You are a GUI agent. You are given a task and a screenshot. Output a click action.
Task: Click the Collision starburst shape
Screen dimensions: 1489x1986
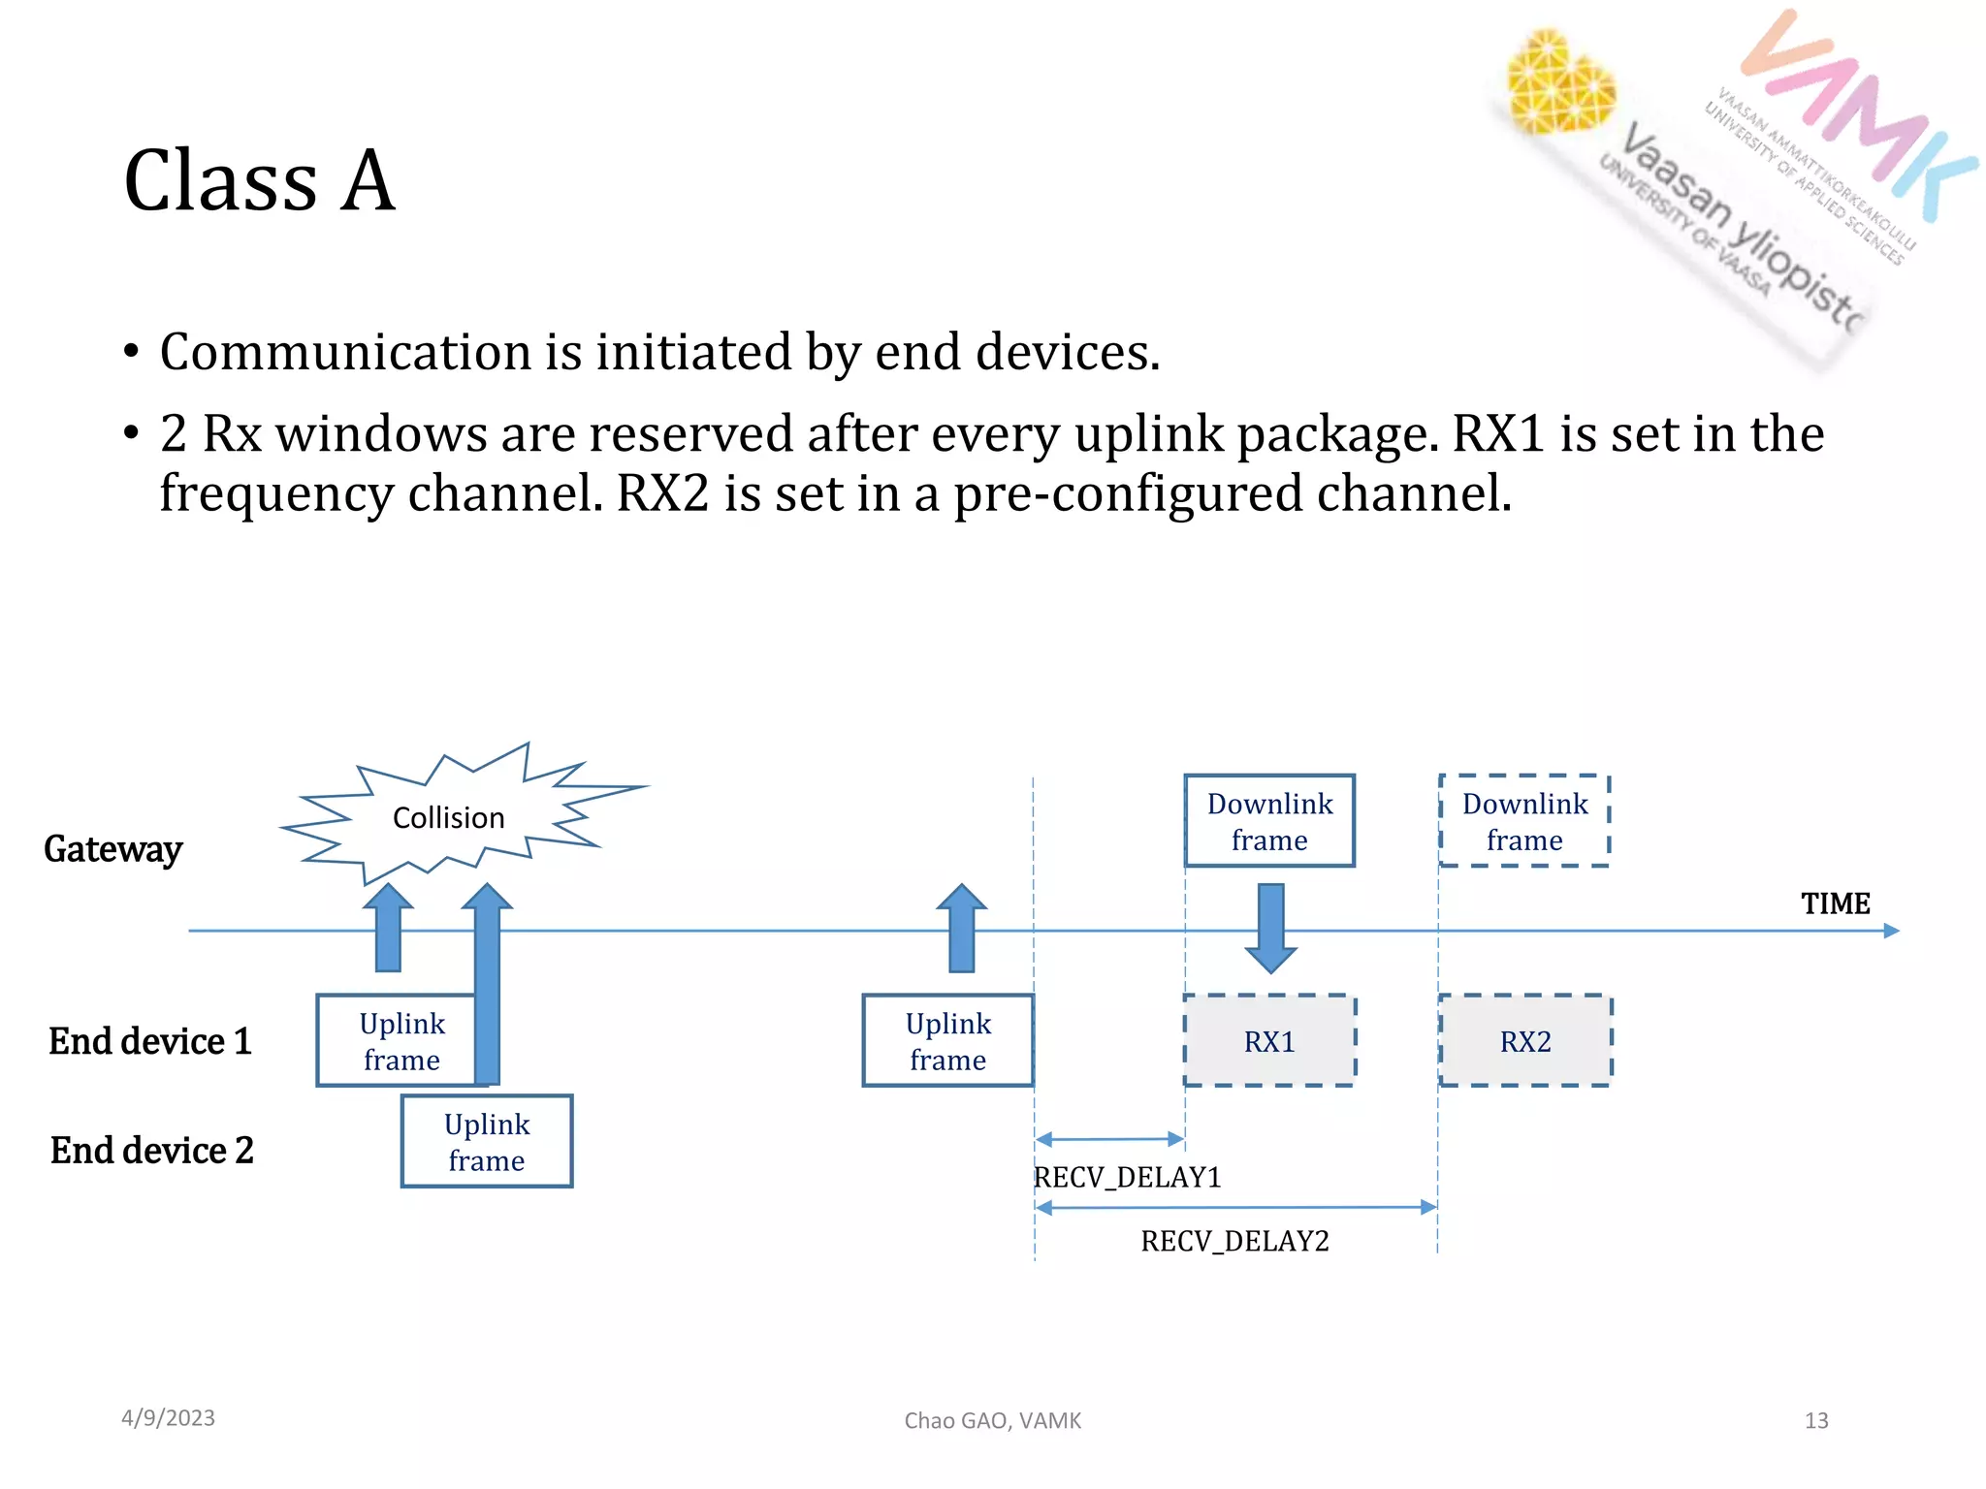pos(448,817)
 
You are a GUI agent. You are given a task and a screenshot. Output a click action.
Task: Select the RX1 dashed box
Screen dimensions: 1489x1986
pos(1269,1041)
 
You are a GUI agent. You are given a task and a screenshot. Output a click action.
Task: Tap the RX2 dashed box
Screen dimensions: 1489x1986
pos(1525,1041)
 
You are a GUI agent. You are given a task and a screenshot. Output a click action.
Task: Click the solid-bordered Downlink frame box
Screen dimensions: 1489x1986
pos(1269,821)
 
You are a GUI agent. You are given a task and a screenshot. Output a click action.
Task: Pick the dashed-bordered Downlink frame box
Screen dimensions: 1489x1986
pos(1524,821)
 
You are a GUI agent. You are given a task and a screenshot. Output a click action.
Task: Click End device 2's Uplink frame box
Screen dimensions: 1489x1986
pos(487,1142)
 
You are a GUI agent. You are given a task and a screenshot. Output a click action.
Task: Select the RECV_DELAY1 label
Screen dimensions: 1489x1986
pos(1127,1177)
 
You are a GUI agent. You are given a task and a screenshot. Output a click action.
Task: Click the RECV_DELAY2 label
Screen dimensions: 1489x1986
pos(1234,1241)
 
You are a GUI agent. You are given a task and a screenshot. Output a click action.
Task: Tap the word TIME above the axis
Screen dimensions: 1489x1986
pos(1835,903)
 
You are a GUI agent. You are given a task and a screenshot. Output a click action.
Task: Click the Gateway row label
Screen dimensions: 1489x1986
pos(113,849)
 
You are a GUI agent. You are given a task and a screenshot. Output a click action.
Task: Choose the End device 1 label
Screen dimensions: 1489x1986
pos(150,1041)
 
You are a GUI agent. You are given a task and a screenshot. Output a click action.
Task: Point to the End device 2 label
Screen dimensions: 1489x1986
pos(152,1151)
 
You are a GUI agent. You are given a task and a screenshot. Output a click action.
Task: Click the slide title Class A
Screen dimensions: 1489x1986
pos(260,180)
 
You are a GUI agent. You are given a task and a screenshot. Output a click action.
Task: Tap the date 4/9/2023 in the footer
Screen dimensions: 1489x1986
pos(168,1418)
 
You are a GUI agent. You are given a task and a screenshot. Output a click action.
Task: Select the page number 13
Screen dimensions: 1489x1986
pos(1815,1420)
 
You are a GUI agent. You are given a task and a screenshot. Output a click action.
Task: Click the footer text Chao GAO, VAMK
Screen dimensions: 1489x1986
pos(992,1420)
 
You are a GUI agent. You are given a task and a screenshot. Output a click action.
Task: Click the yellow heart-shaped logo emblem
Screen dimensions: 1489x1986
pos(1558,82)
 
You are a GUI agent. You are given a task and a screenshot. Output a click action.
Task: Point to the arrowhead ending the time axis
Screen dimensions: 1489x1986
pos(1890,931)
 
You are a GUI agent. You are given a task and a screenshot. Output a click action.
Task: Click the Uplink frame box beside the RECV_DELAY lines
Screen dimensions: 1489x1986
pos(947,1041)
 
